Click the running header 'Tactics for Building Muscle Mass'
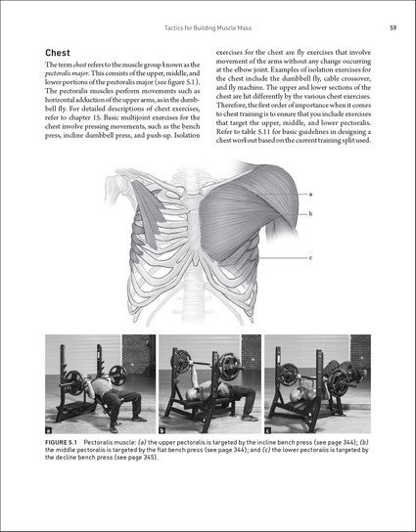coord(208,26)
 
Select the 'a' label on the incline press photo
coord(51,429)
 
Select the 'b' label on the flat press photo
coord(162,429)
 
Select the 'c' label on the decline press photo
coord(268,429)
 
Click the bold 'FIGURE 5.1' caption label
coord(69,443)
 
